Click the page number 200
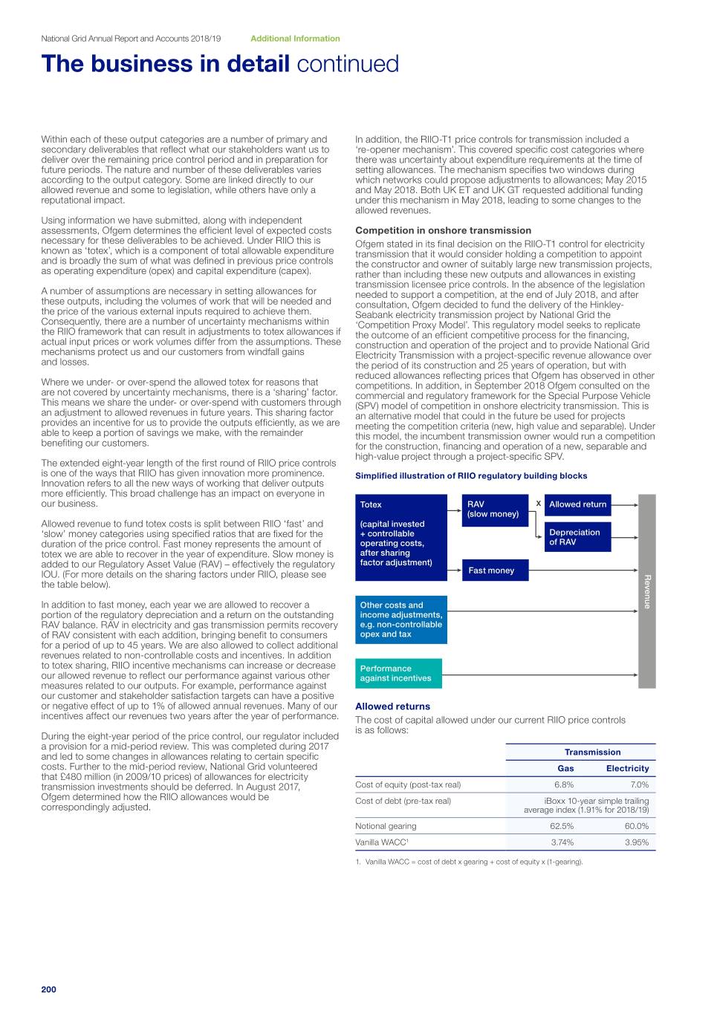pyautogui.click(x=48, y=989)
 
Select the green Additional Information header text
pyautogui.click(x=295, y=39)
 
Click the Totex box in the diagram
pyautogui.click(x=401, y=537)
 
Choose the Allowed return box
pyautogui.click(x=577, y=504)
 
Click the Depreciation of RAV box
pyautogui.click(x=577, y=537)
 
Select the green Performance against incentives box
pyautogui.click(x=398, y=673)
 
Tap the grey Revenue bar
pyautogui.click(x=647, y=591)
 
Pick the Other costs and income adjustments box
pyautogui.click(x=401, y=620)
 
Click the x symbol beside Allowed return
pyautogui.click(x=538, y=504)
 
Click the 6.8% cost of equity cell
pyautogui.click(x=564, y=784)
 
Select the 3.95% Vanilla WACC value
pyautogui.click(x=637, y=842)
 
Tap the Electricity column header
pyautogui.click(x=627, y=768)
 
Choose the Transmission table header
pyautogui.click(x=592, y=752)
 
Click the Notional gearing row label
pyautogui.click(x=386, y=826)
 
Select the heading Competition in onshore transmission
pyautogui.click(x=443, y=230)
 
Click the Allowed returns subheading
pyautogui.click(x=392, y=706)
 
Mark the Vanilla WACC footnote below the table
pyautogui.click(x=469, y=862)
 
